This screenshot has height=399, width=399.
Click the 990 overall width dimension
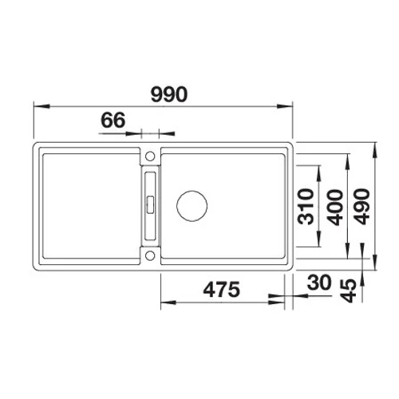point(169,94)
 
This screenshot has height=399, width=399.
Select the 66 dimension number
point(113,120)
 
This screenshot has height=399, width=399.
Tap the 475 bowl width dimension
point(221,290)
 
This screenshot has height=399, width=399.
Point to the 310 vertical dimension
point(306,207)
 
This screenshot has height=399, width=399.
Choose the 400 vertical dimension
point(335,207)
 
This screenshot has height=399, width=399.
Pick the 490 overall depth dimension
point(362,207)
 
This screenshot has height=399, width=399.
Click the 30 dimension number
point(319,282)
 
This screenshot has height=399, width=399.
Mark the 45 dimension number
point(349,290)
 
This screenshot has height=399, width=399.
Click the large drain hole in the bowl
point(192,206)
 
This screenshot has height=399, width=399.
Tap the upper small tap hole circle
point(150,156)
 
